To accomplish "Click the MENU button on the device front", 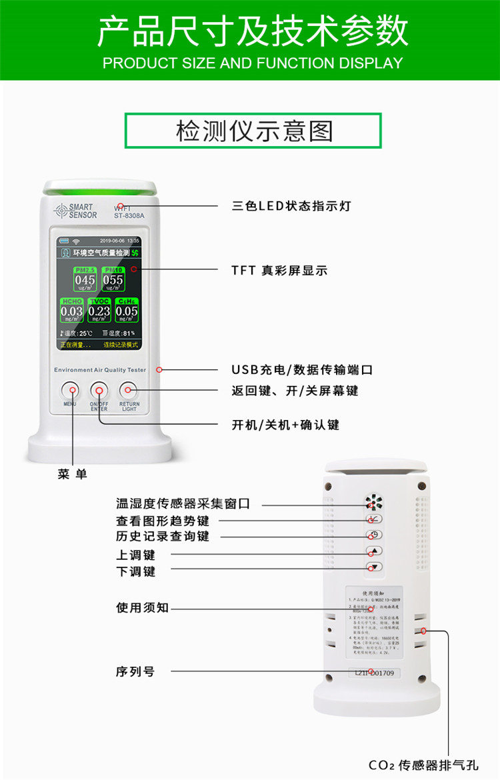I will click(x=70, y=390).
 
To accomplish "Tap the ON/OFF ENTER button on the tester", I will click(x=99, y=390).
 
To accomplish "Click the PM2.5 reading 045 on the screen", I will click(x=85, y=280).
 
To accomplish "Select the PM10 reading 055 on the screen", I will click(x=113, y=280).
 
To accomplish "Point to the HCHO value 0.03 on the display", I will click(x=71, y=311).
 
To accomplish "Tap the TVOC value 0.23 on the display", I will click(x=99, y=311).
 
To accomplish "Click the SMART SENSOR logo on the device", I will click(x=75, y=211).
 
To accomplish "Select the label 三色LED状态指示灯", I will click(x=291, y=206).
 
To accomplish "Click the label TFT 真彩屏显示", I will click(x=279, y=270).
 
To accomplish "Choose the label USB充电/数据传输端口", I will click(x=301, y=369).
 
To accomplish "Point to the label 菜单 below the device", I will click(x=72, y=474).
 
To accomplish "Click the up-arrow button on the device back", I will click(x=374, y=551).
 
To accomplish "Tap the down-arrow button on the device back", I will click(x=374, y=567).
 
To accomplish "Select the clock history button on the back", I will click(x=374, y=535).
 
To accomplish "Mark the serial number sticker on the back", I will click(x=374, y=673).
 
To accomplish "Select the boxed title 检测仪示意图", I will click(x=253, y=131).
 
